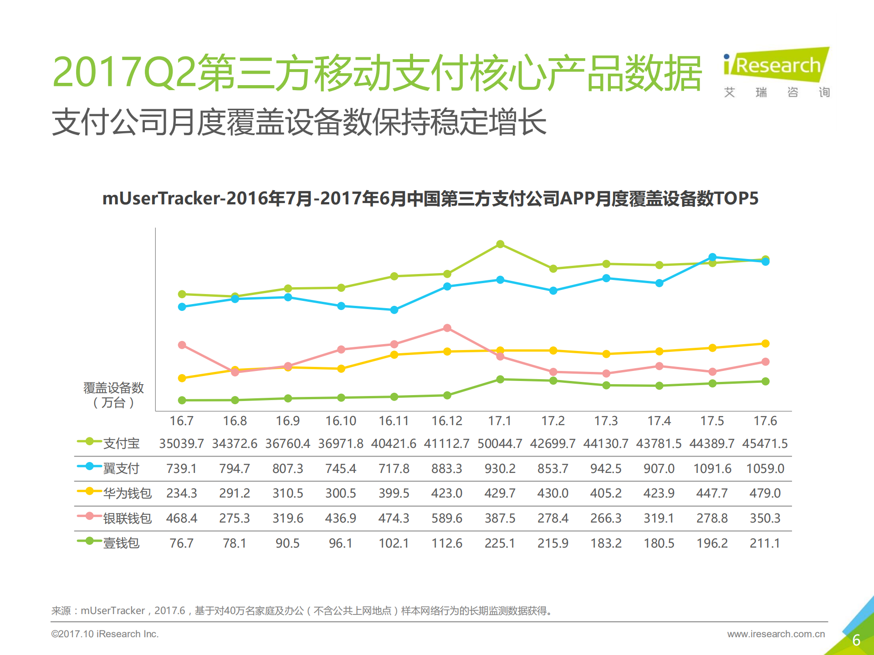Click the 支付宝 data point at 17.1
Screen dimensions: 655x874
(500, 244)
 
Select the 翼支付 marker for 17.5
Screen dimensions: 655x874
(712, 257)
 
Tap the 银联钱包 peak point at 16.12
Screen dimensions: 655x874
(447, 328)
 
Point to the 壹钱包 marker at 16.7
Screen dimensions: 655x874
(182, 400)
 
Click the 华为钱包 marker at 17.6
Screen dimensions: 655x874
(766, 343)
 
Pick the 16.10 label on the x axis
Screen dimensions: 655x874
(341, 421)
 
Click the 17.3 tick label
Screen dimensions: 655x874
(606, 421)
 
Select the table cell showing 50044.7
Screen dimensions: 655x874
(500, 443)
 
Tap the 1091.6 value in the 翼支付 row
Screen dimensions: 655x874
(712, 468)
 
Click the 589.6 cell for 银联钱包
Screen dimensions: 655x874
(447, 518)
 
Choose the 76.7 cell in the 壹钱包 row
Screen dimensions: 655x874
(181, 543)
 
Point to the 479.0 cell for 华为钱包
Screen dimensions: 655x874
(765, 493)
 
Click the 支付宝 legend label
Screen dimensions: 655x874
(121, 443)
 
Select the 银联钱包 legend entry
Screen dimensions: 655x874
(127, 518)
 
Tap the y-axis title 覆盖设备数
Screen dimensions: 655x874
(113, 388)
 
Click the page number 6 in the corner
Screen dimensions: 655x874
(856, 640)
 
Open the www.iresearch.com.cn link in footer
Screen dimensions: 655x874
(776, 634)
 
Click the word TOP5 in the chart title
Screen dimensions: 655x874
(736, 198)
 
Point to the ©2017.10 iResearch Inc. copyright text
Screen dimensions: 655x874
(105, 634)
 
